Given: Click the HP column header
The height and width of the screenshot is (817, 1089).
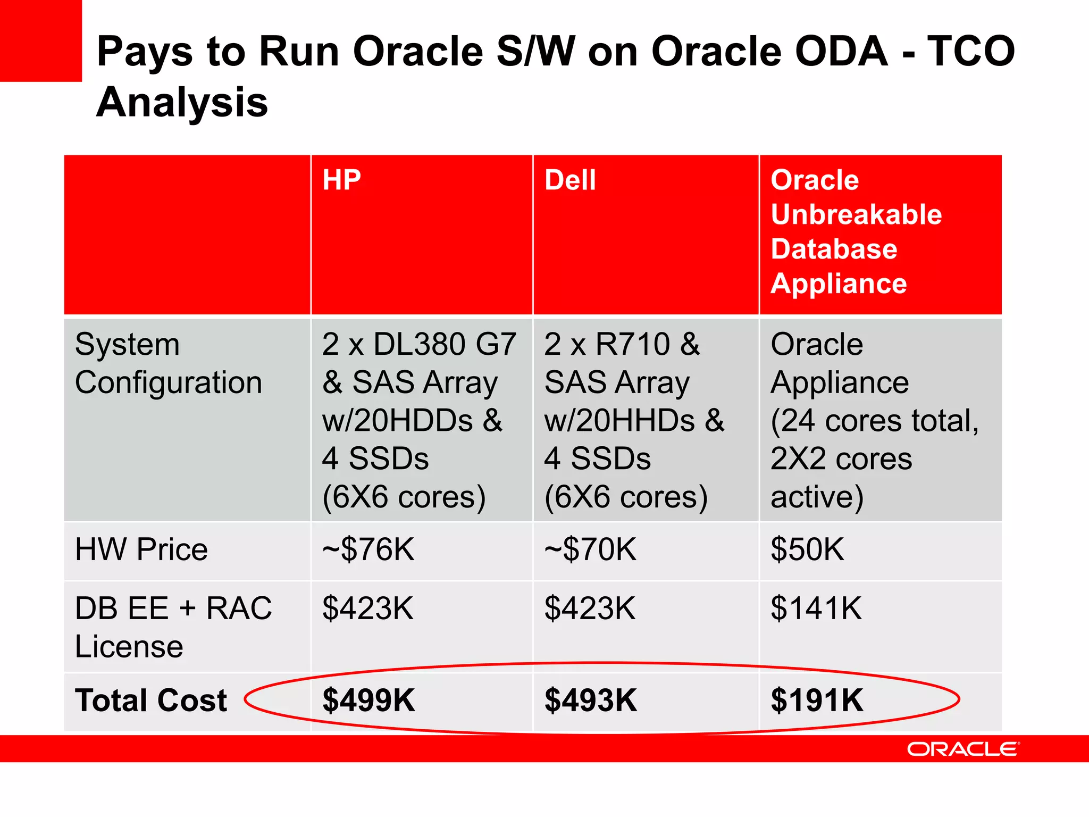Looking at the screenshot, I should (x=341, y=180).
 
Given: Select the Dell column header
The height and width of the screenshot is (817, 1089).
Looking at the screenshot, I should (x=570, y=180).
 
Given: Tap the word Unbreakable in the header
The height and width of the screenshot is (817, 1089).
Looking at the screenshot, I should (x=856, y=214).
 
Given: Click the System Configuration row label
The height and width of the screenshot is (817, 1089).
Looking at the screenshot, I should (x=168, y=363).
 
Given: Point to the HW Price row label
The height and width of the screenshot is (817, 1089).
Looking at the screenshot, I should (x=141, y=549).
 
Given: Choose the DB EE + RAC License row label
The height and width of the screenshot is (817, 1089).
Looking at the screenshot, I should (x=173, y=627).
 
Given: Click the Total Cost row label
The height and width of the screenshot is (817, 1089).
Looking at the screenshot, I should (x=151, y=700).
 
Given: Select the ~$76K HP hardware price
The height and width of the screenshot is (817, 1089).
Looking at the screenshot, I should (x=368, y=549).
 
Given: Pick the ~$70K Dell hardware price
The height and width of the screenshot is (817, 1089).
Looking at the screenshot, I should (x=590, y=549).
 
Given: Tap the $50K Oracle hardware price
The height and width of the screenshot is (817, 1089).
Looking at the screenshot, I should (x=807, y=549).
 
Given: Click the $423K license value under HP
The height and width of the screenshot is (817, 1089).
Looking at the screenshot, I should (x=368, y=608).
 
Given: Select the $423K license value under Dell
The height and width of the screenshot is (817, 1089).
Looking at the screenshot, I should (x=590, y=608).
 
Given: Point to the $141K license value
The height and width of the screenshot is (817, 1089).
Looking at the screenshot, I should (x=816, y=608).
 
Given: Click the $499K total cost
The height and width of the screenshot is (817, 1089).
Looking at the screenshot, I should (x=368, y=700).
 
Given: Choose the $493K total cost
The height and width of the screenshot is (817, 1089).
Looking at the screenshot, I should (x=591, y=700).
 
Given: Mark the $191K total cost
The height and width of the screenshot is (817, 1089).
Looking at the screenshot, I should (x=817, y=700).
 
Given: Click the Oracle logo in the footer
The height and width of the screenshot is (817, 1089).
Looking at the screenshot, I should (x=963, y=749).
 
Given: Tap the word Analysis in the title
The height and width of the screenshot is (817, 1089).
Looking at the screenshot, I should (x=182, y=102).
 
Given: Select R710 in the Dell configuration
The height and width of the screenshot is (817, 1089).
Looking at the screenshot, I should (x=633, y=344).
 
